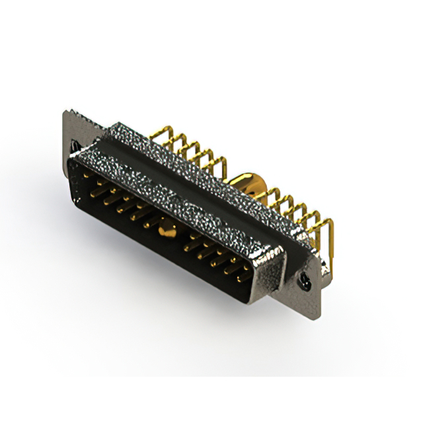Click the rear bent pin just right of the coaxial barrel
tap(272, 196)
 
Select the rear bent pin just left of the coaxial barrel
tap(223, 165)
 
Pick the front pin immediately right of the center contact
tap(192, 245)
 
